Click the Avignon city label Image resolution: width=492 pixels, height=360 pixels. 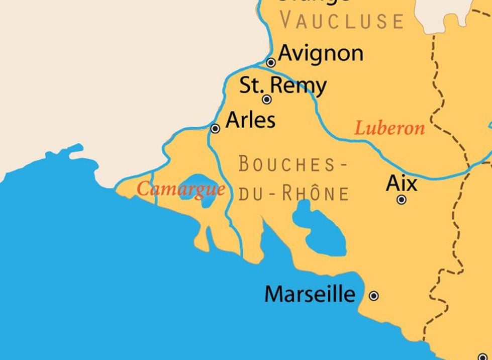[320, 53]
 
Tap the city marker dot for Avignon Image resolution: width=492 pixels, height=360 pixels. [271, 63]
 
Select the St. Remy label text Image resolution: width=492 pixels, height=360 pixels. [282, 85]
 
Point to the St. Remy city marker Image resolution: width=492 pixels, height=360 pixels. [267, 100]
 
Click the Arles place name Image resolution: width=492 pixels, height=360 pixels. [250, 120]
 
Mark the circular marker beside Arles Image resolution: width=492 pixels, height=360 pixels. [215, 129]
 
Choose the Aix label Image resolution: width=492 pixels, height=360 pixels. [402, 184]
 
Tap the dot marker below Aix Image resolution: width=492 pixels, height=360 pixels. [402, 200]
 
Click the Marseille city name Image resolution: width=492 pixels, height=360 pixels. [310, 294]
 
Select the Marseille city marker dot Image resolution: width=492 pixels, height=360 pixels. [374, 296]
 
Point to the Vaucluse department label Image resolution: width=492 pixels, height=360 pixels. [342, 21]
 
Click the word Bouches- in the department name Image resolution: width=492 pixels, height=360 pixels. [293, 164]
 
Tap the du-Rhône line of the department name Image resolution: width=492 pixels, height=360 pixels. [293, 193]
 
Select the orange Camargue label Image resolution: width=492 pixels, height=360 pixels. [180, 190]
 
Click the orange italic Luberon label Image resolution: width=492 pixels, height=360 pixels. [389, 129]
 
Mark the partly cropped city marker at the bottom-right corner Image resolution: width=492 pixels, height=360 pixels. [483, 356]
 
